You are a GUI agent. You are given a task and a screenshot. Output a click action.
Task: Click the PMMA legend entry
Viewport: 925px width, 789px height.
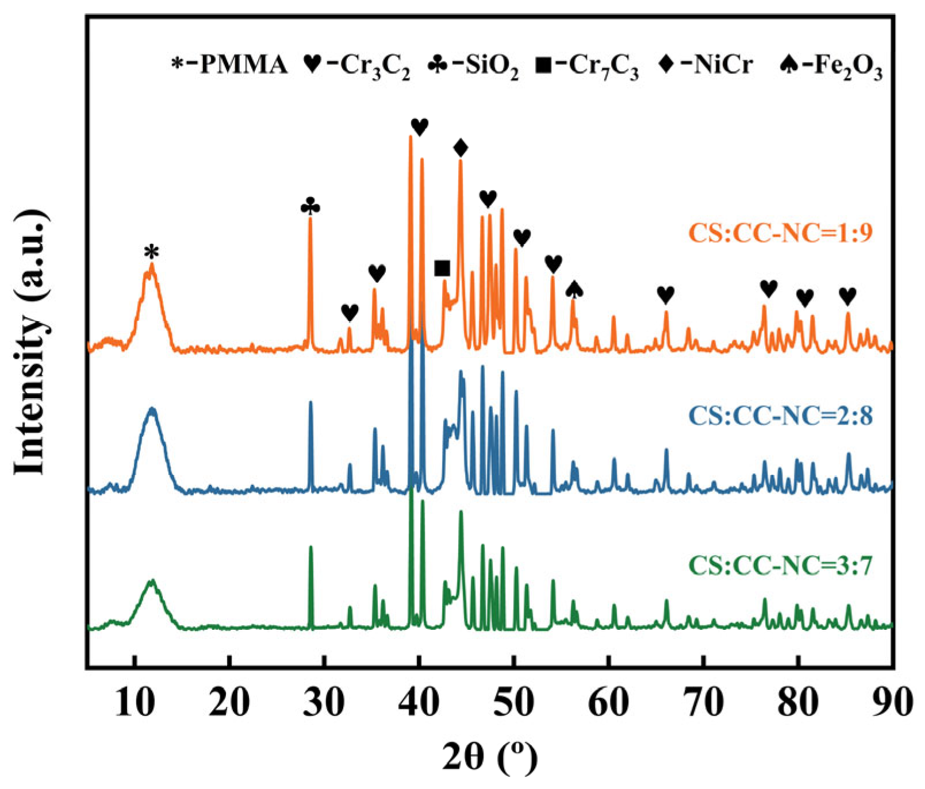point(230,64)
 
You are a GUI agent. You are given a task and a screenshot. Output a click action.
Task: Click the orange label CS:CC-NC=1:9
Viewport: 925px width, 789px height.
point(780,233)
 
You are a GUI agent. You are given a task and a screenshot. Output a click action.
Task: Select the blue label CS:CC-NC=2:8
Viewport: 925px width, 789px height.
point(780,415)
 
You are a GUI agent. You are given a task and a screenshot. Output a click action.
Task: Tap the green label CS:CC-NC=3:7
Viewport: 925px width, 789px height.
point(780,565)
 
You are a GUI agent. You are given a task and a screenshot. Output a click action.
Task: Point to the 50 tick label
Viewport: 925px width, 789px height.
point(514,702)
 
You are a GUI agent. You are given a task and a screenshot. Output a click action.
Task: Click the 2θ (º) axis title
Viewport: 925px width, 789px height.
point(490,757)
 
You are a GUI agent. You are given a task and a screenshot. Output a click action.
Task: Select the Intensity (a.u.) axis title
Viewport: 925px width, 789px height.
point(30,342)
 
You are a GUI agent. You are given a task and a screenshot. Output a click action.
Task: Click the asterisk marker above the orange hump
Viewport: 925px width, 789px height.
point(151,252)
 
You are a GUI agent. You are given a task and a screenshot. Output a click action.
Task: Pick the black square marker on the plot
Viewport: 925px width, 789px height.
point(442,268)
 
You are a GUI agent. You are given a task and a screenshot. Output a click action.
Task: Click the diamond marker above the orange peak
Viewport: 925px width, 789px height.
point(460,148)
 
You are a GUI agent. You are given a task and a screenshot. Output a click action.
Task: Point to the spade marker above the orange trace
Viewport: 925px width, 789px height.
point(574,289)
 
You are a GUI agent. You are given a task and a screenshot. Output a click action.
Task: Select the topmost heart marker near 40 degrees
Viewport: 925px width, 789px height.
point(420,126)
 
